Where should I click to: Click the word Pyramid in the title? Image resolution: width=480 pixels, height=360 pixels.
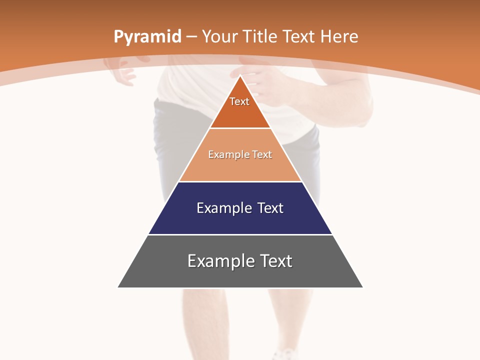(147, 37)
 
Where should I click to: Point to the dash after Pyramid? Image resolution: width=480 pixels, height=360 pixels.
(191, 37)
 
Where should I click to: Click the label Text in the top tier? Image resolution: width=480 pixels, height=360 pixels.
(239, 101)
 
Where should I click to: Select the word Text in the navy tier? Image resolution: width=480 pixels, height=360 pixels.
(270, 208)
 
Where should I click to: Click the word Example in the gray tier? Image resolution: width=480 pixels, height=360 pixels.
(220, 261)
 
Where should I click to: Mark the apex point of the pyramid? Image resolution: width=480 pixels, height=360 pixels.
(240, 75)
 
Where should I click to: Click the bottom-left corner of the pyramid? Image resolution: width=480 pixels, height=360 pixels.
(118, 287)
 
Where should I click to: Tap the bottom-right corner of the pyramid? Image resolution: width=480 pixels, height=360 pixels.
(362, 287)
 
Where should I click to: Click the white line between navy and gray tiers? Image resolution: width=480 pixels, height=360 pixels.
(240, 234)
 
